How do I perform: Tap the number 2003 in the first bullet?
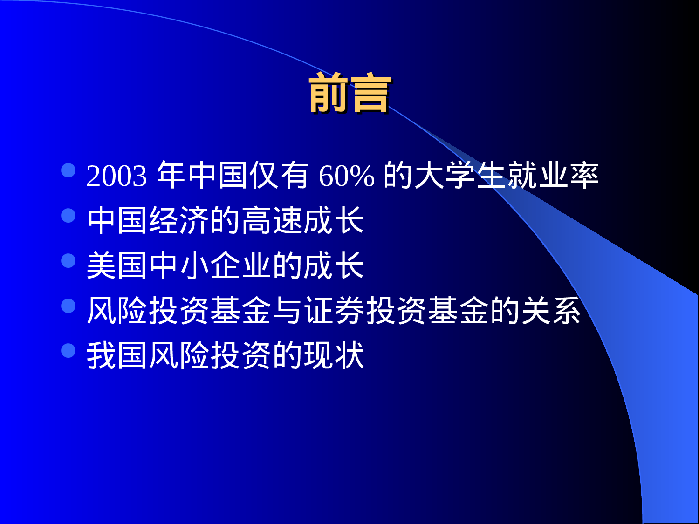click(116, 176)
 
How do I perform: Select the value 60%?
click(346, 176)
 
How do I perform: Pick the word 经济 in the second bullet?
click(179, 220)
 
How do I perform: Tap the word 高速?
click(271, 220)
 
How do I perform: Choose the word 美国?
click(117, 265)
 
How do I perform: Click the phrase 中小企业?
click(210, 265)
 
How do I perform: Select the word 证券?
click(335, 311)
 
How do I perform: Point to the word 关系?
click(551, 311)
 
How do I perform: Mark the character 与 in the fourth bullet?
click(288, 311)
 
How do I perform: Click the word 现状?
click(334, 355)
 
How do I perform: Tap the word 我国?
click(117, 355)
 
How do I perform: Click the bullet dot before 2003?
click(69, 170)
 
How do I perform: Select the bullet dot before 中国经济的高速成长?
click(69, 215)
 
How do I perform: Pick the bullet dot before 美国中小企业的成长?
click(69, 260)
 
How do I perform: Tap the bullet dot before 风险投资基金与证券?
click(69, 306)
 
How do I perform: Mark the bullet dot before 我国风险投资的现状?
click(69, 350)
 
